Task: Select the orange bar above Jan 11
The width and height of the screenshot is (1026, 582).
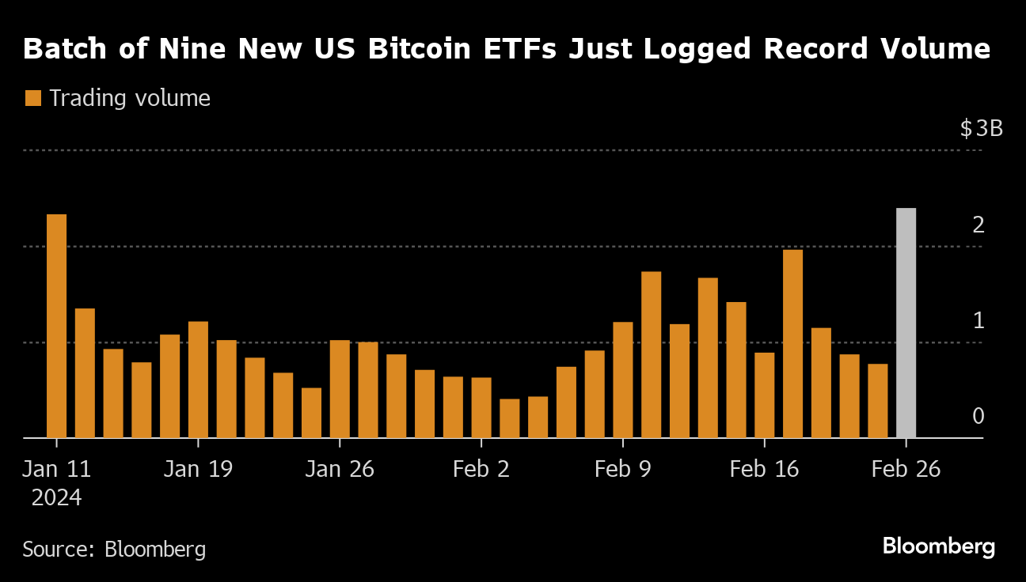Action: [x=56, y=326]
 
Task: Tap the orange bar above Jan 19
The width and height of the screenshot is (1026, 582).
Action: [x=198, y=380]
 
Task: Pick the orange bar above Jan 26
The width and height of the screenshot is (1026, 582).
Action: [x=340, y=389]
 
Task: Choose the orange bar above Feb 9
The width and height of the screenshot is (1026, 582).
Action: [x=623, y=380]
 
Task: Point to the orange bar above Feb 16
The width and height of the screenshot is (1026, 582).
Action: [x=765, y=395]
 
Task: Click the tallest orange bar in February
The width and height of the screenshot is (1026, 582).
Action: [x=792, y=344]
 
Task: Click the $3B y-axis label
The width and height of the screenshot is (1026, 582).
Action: [x=981, y=128]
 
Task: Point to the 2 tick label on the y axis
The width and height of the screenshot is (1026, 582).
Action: [x=978, y=225]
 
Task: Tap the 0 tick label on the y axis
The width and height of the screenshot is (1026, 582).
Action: [x=978, y=416]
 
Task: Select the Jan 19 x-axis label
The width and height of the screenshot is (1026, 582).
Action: [x=198, y=469]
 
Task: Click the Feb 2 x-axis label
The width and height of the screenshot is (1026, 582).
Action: [x=481, y=469]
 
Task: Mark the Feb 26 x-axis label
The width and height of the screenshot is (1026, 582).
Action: [x=906, y=469]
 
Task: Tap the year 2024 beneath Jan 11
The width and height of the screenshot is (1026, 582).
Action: [x=56, y=498]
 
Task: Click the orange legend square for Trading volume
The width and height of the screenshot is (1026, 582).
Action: [x=32, y=98]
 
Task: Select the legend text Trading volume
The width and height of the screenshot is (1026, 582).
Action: [x=130, y=98]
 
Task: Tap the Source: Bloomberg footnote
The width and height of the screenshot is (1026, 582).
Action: [x=114, y=549]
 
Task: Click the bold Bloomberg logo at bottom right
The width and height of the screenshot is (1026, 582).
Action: [x=938, y=546]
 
